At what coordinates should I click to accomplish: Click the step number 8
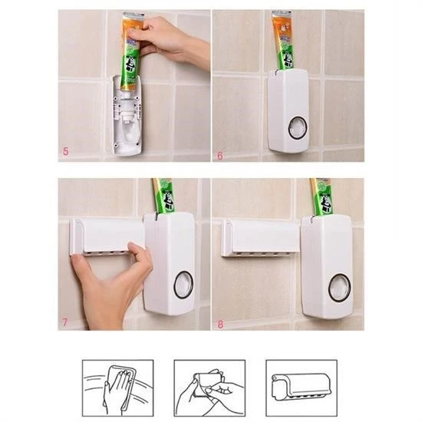point(221,324)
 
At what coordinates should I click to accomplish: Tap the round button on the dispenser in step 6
point(297,127)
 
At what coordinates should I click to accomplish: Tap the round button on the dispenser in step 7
point(183,285)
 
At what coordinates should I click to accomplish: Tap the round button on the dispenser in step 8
point(338,288)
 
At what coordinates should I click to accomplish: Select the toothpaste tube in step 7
point(164,196)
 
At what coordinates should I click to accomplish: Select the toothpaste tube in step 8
point(321,196)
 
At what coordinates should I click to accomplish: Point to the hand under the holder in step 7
point(107,280)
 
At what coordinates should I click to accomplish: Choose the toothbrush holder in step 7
point(107,235)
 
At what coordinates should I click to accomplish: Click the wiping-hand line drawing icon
point(117,387)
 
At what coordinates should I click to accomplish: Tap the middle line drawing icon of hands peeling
point(209,387)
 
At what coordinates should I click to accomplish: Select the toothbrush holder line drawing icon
point(302,387)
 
